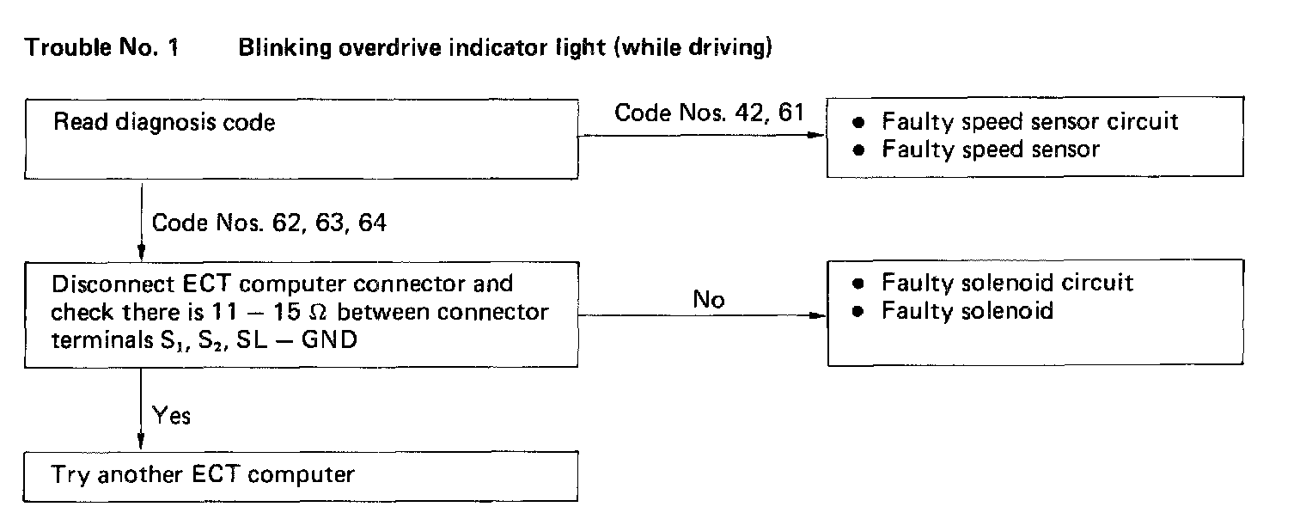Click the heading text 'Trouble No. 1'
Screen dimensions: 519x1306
point(102,48)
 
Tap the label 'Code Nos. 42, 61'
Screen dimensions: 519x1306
point(709,113)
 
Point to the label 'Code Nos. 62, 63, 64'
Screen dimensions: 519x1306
point(269,223)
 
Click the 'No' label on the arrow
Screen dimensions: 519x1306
point(709,300)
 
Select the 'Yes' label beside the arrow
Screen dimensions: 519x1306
point(171,416)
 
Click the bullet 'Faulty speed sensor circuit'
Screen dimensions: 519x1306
point(1029,121)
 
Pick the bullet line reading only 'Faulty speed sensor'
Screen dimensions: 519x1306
point(990,149)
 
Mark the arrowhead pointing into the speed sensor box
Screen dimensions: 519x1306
point(819,135)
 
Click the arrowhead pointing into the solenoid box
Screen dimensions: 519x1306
point(819,316)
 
